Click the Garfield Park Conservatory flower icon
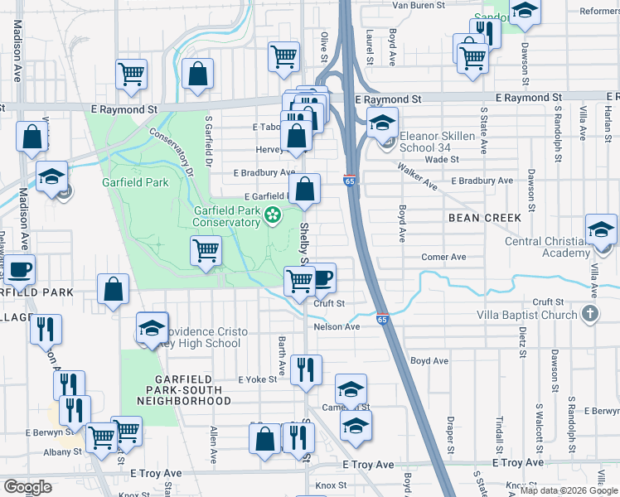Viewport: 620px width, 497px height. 273,216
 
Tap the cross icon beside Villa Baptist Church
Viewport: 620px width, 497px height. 589,315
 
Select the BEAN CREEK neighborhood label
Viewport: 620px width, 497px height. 485,218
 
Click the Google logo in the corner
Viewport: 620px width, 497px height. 27,487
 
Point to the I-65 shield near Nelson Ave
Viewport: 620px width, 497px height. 382,319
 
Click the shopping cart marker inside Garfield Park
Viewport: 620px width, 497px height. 205,250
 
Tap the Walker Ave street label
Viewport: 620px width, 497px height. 417,176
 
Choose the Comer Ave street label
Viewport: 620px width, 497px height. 439,257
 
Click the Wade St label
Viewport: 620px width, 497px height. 441,159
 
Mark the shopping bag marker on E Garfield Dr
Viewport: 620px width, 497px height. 305,188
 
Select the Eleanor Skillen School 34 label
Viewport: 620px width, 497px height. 438,142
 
